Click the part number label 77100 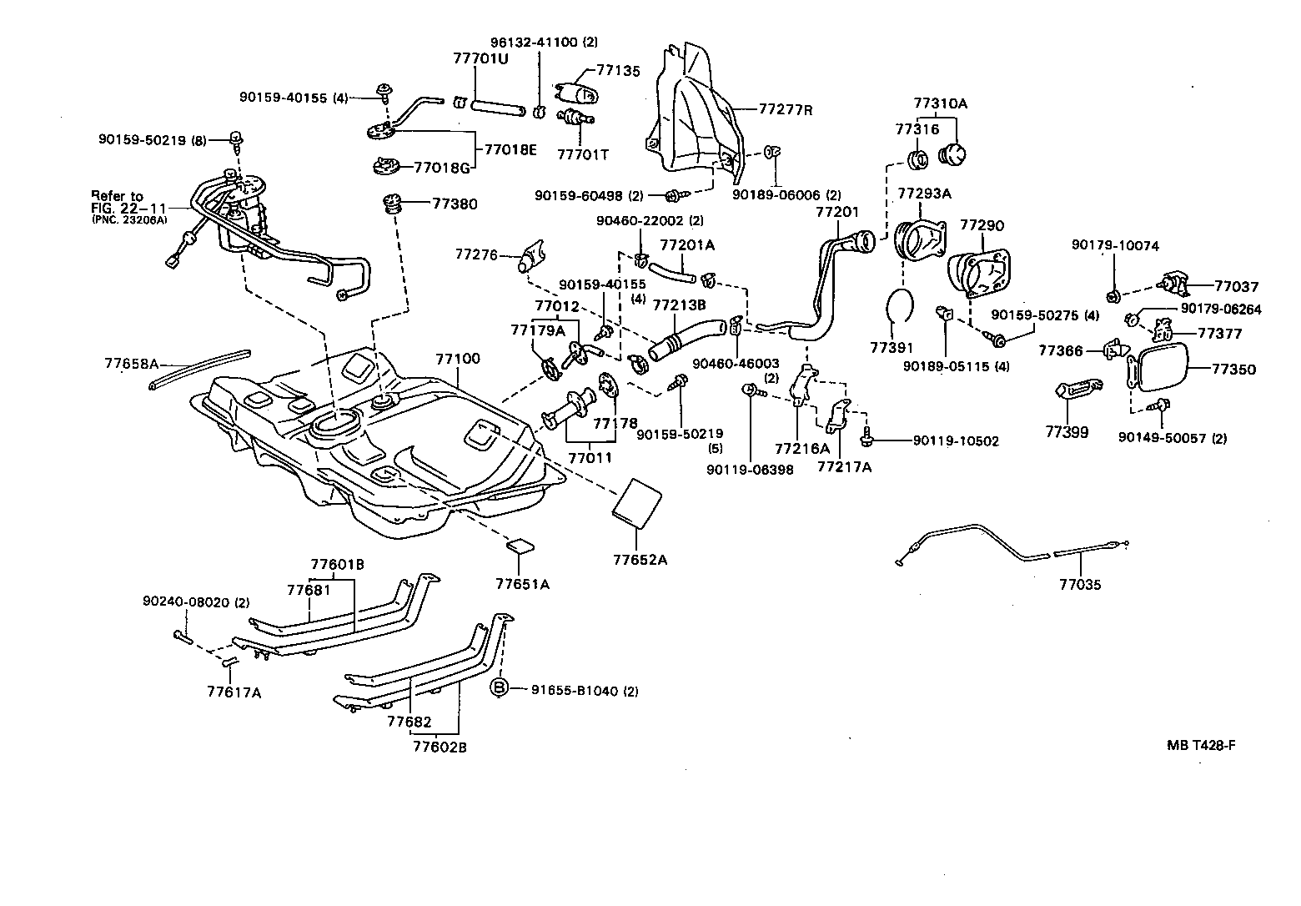[458, 360]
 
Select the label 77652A [640, 560]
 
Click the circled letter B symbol [499, 687]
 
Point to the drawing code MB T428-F [1201, 745]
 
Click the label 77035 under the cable [1080, 585]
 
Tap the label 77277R [785, 109]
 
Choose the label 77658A [131, 363]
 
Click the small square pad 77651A [520, 546]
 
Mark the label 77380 [455, 203]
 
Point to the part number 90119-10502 [955, 440]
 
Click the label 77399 [1067, 432]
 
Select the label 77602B [440, 747]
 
